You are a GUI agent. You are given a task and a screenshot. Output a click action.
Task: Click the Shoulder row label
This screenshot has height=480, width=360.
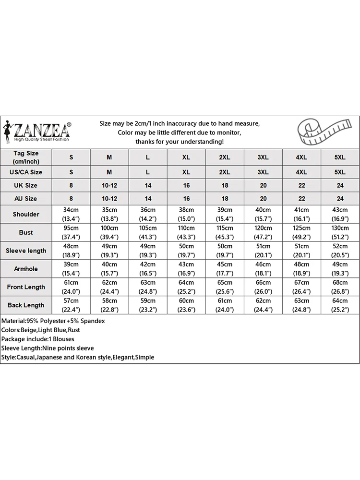26,214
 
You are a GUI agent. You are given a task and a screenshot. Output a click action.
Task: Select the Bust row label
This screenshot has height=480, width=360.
26,232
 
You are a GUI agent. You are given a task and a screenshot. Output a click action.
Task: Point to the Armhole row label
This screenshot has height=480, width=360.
26,269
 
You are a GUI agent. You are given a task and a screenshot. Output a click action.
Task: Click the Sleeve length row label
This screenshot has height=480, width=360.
26,251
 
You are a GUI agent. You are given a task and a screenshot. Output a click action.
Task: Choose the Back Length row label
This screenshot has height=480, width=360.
26,305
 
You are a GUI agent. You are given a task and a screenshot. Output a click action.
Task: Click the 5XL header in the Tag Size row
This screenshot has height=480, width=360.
340,157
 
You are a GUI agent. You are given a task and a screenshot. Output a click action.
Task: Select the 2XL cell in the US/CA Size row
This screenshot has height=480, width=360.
225,172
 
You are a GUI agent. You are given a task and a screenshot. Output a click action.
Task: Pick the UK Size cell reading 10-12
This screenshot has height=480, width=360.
109,185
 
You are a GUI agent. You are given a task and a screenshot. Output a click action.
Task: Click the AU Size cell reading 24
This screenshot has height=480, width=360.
340,198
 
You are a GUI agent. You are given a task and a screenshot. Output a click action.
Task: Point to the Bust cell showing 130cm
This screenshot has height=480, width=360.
340,228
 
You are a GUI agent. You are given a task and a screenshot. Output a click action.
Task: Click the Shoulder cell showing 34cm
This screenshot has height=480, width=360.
71,210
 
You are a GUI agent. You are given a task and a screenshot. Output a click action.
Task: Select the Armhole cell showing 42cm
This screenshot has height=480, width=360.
148,265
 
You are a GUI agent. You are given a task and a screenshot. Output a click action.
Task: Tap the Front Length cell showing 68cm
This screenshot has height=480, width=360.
340,283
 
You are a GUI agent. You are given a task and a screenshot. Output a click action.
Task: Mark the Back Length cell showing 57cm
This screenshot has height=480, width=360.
71,301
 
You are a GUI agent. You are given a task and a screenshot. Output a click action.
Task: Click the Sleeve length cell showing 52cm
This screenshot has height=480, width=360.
340,247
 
